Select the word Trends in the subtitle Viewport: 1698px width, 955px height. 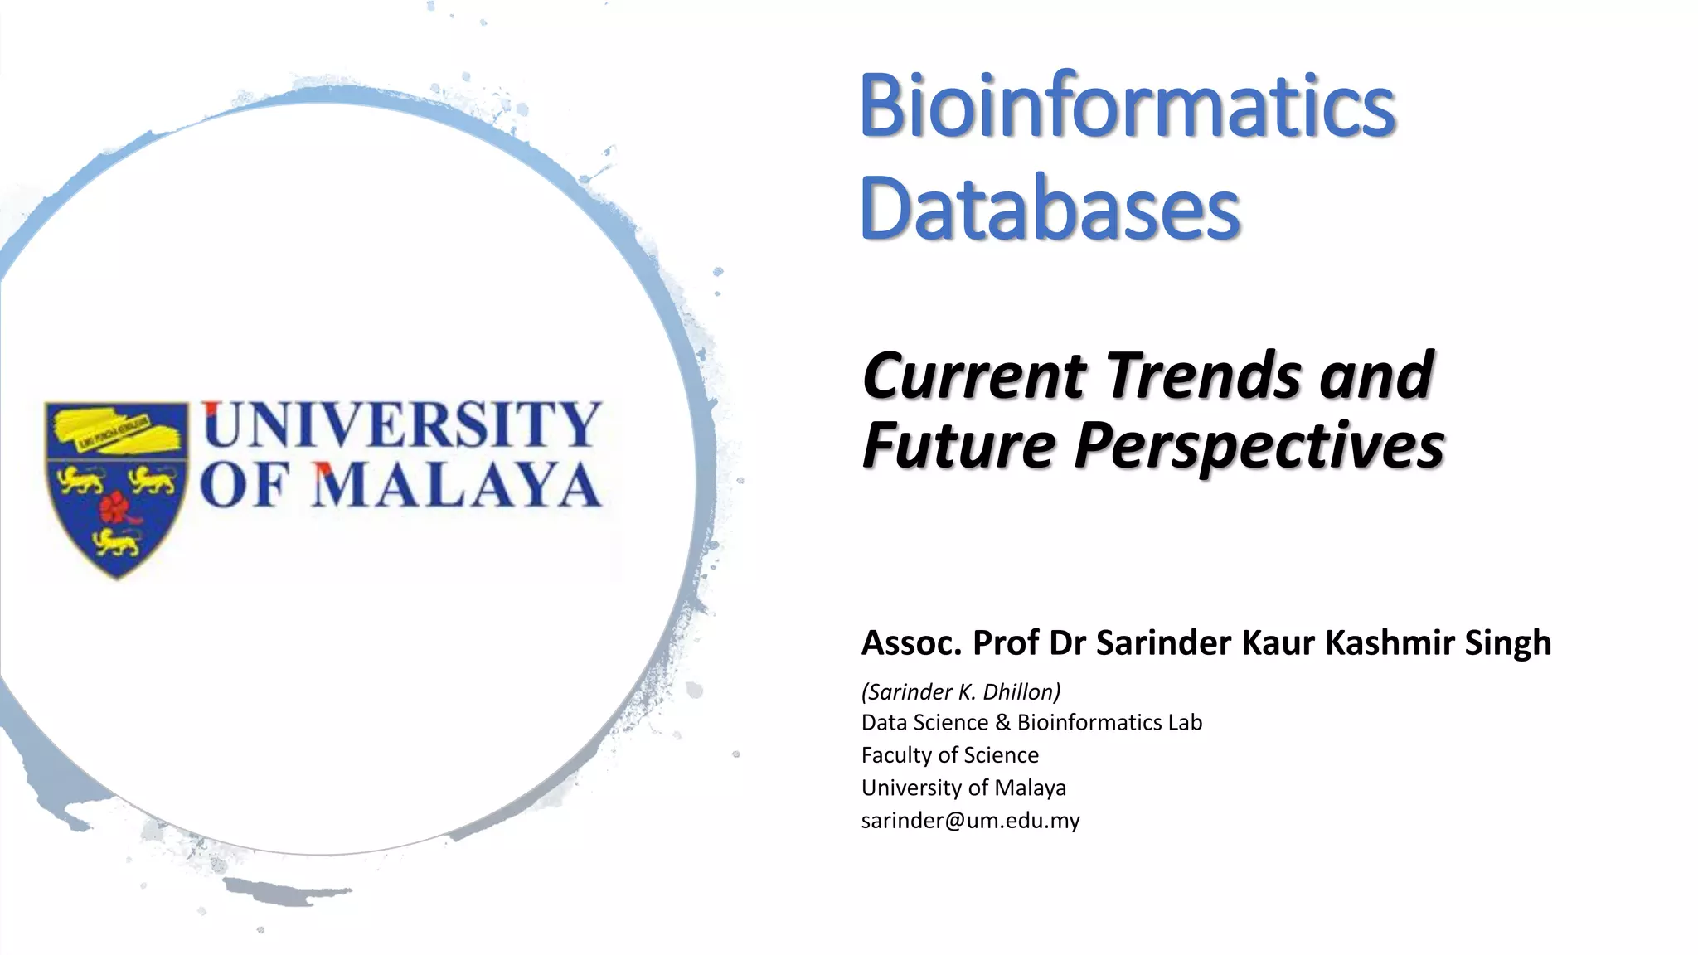[x=1204, y=375]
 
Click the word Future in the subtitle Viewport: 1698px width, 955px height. [x=958, y=446]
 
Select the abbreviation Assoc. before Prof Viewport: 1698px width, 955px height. [x=911, y=643]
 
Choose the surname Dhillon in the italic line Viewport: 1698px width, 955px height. [x=1021, y=691]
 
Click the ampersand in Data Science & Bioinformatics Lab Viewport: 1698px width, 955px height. [x=1002, y=723]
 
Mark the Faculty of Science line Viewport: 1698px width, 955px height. [x=949, y=755]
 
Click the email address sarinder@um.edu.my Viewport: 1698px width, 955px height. [x=970, y=821]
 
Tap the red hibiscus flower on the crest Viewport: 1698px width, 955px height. [x=116, y=507]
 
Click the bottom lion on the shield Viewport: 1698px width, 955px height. [x=116, y=542]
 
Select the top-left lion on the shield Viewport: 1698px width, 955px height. [x=80, y=478]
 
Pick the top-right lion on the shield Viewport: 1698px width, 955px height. [x=153, y=478]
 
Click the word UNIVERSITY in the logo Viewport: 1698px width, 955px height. [x=401, y=424]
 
